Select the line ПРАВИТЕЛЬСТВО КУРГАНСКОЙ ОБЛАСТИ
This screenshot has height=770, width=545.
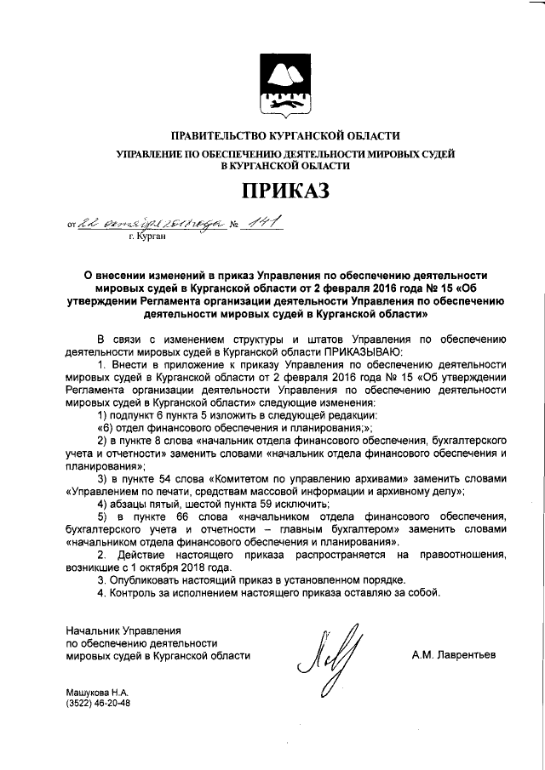click(285, 136)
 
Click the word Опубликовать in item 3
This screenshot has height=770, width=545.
click(146, 580)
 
